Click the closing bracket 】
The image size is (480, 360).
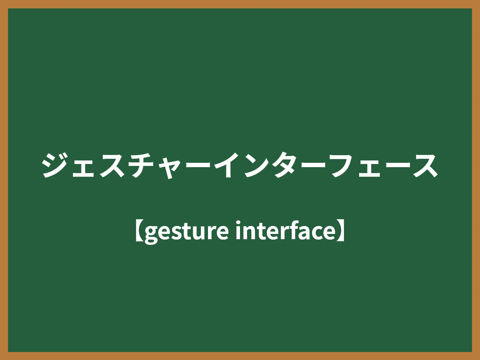[341, 232]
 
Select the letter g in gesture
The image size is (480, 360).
[150, 234]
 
